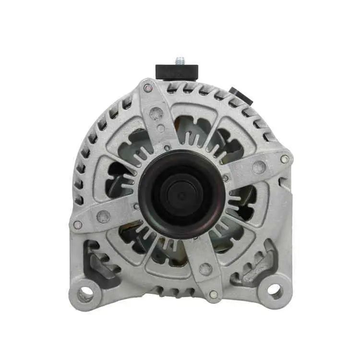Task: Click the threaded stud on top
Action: pyautogui.click(x=180, y=60)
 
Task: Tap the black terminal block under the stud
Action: pyautogui.click(x=177, y=72)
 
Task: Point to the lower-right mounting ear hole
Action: pyautogui.click(x=274, y=289)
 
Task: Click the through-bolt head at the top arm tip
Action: pyautogui.click(x=148, y=88)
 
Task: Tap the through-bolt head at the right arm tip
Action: pyautogui.click(x=285, y=159)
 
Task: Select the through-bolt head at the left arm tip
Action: pyautogui.click(x=77, y=224)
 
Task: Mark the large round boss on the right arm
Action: pyautogui.click(x=259, y=167)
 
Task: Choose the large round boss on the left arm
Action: pyautogui.click(x=103, y=216)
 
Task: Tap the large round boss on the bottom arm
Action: pyautogui.click(x=206, y=269)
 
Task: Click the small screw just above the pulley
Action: pyautogui.click(x=167, y=148)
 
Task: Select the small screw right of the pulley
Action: pyautogui.click(x=225, y=178)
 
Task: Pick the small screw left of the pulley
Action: pyautogui.click(x=137, y=206)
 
